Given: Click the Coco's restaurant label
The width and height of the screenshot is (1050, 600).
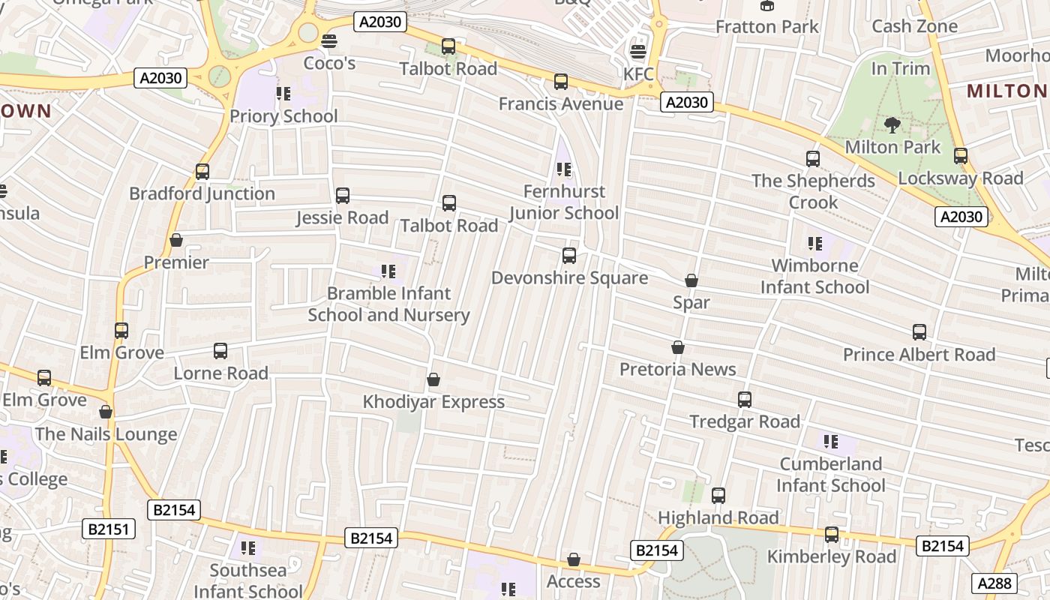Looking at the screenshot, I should tap(329, 63).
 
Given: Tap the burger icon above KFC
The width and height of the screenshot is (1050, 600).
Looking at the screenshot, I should tap(638, 52).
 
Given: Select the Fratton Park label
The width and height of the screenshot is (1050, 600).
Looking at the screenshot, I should tap(766, 27).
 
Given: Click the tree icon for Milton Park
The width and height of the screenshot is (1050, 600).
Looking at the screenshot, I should tap(892, 124).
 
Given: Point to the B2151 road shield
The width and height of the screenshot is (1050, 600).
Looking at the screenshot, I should tap(109, 529).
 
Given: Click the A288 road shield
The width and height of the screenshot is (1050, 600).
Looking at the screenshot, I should tap(994, 583).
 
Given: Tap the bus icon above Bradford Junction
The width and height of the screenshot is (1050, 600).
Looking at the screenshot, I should tap(202, 172).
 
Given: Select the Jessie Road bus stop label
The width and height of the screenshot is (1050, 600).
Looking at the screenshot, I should tap(342, 218).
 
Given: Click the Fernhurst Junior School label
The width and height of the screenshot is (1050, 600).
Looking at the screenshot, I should tap(564, 202).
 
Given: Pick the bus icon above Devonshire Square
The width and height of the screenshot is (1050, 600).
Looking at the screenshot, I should tap(569, 256).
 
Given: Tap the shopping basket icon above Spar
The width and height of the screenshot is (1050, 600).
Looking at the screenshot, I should tap(691, 280).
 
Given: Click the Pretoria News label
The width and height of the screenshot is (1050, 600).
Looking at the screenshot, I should tap(677, 369).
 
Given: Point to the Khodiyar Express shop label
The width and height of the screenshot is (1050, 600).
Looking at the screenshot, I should tap(433, 402).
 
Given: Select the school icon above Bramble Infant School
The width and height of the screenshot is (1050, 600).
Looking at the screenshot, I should tap(388, 271).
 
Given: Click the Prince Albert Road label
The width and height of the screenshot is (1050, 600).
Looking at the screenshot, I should tap(919, 355).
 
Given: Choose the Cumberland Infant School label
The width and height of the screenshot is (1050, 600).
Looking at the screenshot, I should tap(830, 475).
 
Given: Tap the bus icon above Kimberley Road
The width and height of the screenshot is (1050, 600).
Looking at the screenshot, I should tap(832, 535).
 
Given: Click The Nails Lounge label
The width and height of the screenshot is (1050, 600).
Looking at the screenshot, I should tap(106, 434).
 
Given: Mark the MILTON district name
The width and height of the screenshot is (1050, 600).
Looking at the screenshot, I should tap(1006, 91).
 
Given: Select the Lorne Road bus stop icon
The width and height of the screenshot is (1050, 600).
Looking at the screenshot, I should tap(220, 351).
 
